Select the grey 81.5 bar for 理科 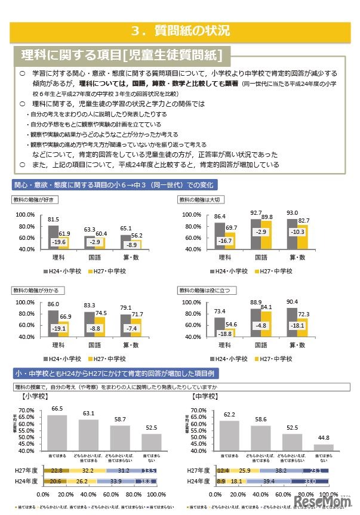point(54,237)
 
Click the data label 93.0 point(293,213)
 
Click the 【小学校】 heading point(35,395)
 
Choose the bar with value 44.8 point(323,448)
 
